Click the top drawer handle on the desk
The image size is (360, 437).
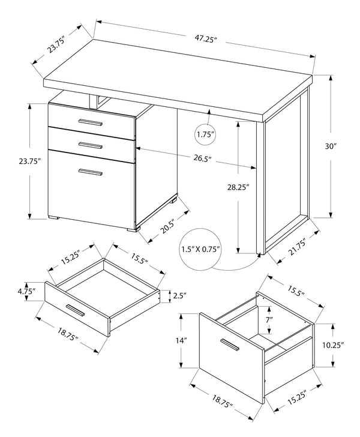(x=90, y=122)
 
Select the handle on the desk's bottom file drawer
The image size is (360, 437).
(x=90, y=173)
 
